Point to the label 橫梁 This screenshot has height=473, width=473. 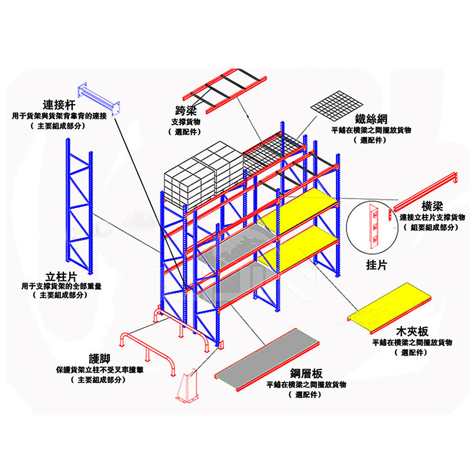pos(433,205)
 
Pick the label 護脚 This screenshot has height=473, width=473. pos(100,359)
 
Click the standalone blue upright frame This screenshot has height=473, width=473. pos(80,206)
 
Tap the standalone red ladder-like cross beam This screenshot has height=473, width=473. pos(225,91)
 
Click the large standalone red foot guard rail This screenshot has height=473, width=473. pos(148,349)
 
